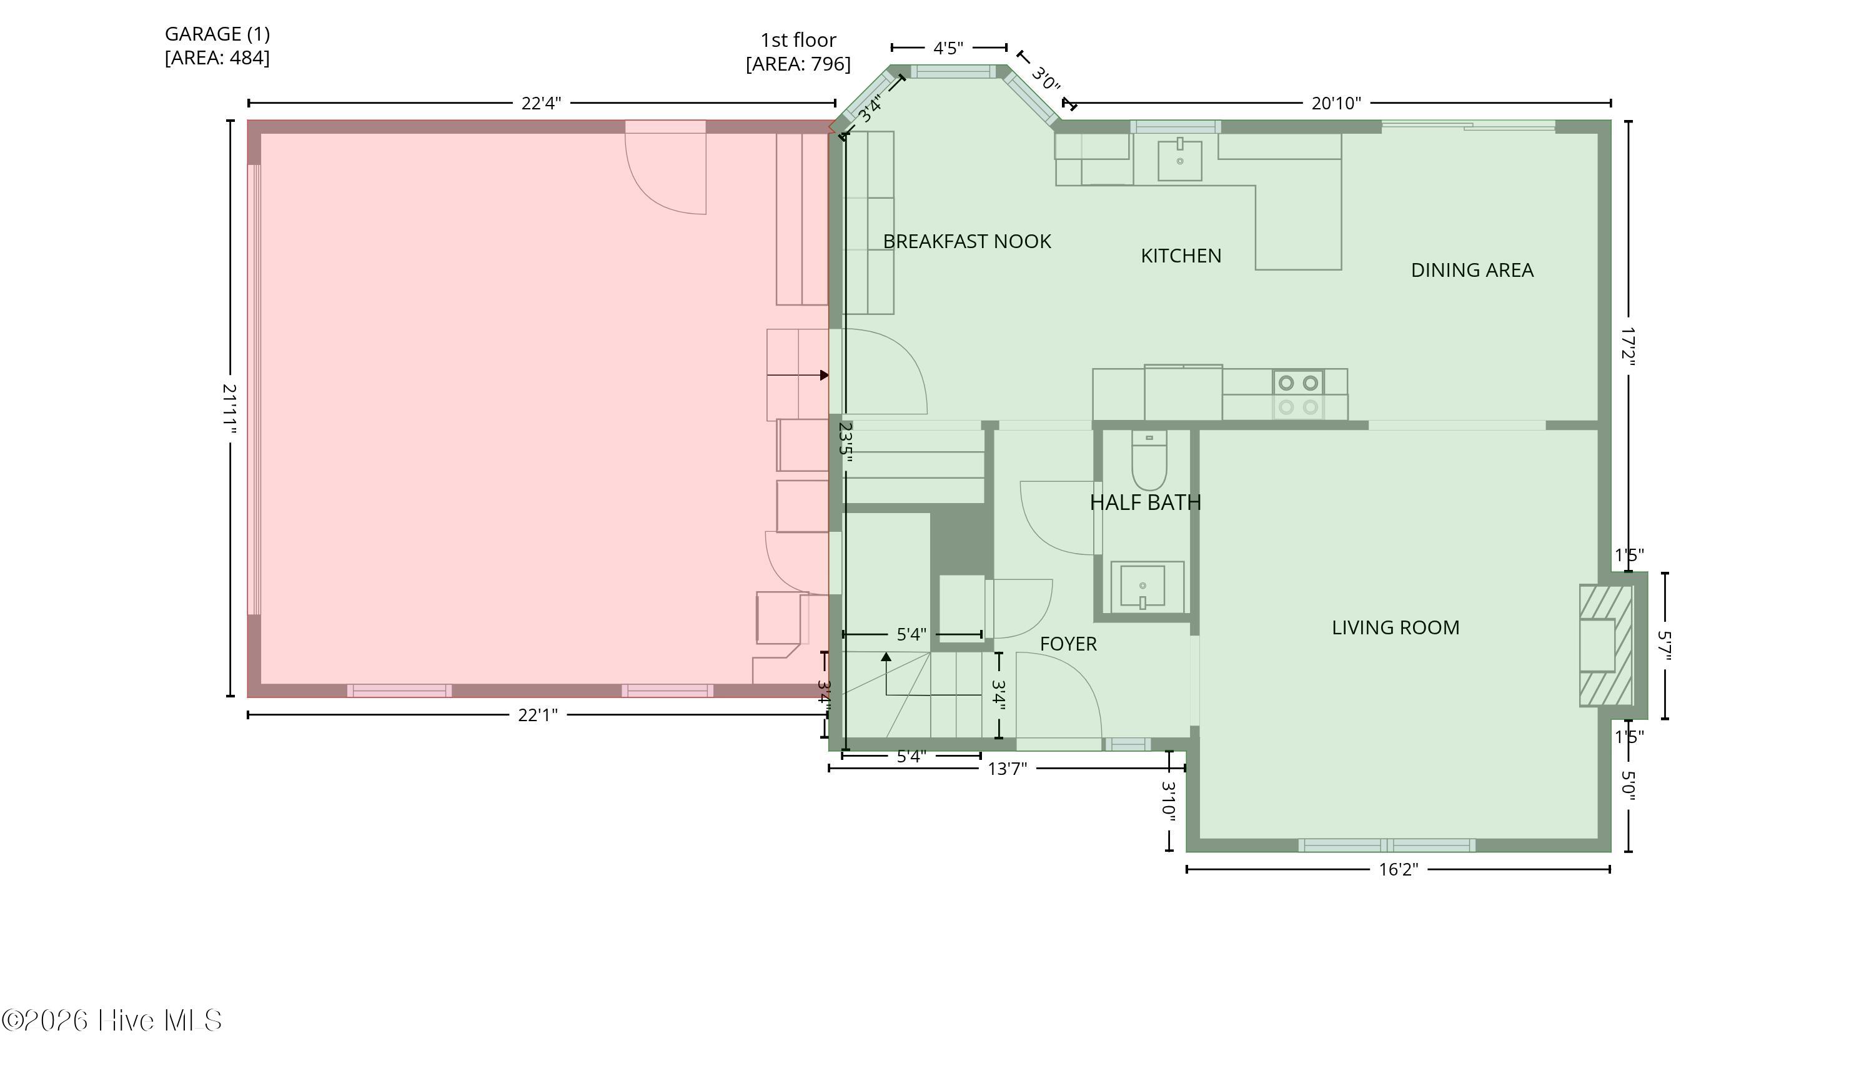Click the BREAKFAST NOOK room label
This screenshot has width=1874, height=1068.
(x=966, y=241)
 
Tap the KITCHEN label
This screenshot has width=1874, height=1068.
(x=1181, y=256)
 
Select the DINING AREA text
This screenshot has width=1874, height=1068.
(x=1472, y=270)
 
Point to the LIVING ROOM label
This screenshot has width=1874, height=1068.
(x=1396, y=627)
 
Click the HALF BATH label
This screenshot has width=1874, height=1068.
(x=1145, y=502)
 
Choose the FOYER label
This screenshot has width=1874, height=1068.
(x=1068, y=644)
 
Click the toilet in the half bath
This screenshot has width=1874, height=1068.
(x=1149, y=460)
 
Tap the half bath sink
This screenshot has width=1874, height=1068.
(x=1147, y=587)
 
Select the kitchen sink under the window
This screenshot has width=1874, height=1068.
(x=1179, y=160)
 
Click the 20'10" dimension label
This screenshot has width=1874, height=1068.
(x=1336, y=102)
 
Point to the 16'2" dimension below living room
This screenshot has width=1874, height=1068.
(x=1398, y=870)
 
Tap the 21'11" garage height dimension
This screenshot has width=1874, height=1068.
(x=229, y=409)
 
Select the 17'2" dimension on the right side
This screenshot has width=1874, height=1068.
(x=1629, y=346)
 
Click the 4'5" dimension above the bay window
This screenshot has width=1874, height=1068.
(x=948, y=48)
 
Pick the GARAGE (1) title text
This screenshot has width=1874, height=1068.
(x=217, y=34)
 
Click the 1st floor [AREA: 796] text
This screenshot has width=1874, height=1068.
(x=798, y=52)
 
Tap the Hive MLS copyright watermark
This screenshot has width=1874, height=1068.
(x=111, y=1021)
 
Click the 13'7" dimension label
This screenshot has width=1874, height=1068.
(x=1008, y=768)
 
